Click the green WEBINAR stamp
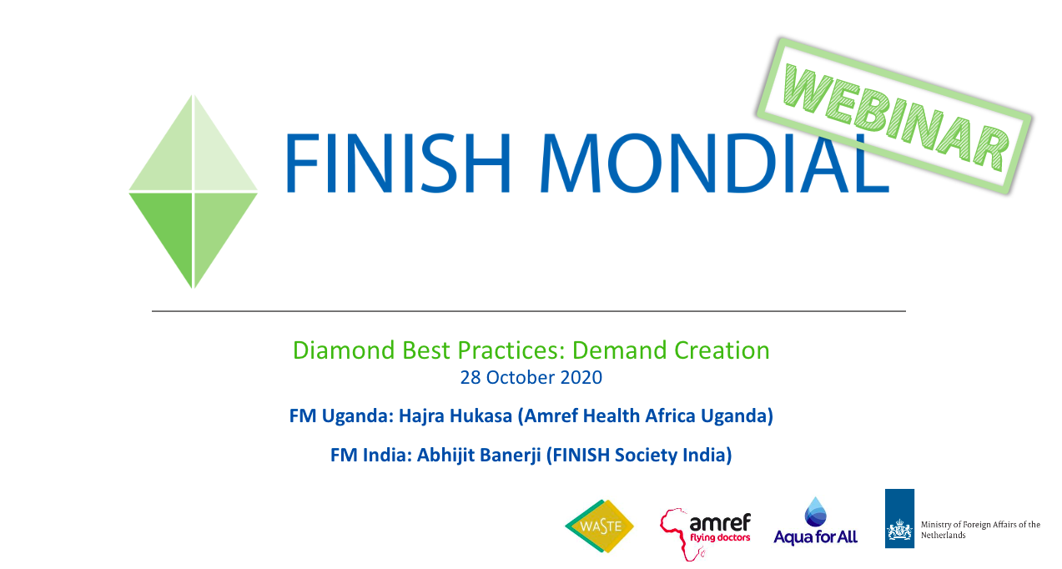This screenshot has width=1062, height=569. (x=894, y=116)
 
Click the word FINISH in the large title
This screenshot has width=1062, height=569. (x=398, y=164)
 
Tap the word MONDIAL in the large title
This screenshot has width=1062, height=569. (x=714, y=164)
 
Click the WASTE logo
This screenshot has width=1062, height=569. (x=600, y=526)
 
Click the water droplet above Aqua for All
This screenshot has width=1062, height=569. (x=815, y=512)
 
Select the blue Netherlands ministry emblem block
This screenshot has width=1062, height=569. (x=899, y=518)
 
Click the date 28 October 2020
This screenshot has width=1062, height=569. (x=531, y=377)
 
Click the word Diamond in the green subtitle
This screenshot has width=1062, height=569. (x=344, y=350)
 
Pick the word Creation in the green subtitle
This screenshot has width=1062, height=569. (x=722, y=350)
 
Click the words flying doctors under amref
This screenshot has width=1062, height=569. (x=720, y=537)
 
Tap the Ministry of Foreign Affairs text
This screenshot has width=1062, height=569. (x=980, y=530)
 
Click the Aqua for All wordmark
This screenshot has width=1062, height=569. (x=815, y=537)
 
